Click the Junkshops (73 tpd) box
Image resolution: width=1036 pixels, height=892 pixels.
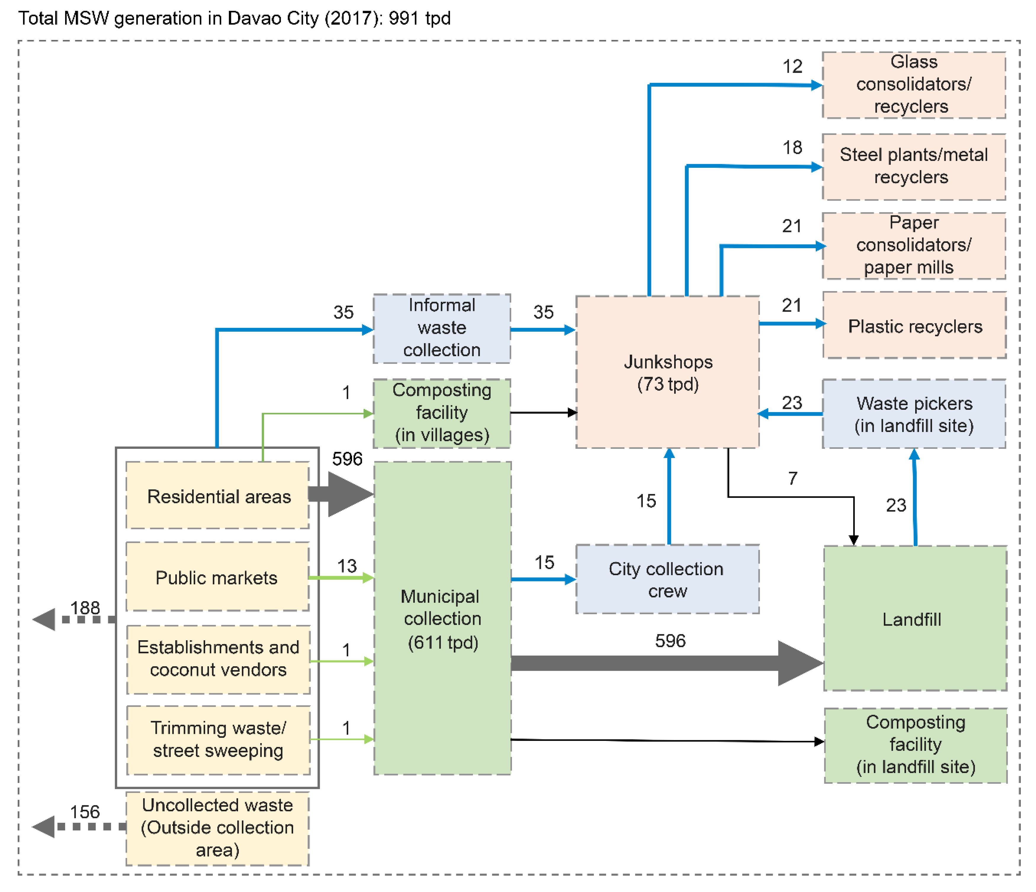coord(667,372)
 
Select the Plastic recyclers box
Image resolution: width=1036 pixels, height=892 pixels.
coord(914,326)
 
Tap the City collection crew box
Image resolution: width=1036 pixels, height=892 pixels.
coord(667,579)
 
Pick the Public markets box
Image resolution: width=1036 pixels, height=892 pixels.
coord(217,577)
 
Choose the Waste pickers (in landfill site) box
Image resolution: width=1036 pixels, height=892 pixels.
coord(914,414)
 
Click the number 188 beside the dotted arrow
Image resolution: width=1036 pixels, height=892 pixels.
coord(85,608)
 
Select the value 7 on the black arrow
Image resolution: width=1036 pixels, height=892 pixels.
coord(793,478)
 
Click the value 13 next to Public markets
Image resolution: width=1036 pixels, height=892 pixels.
coord(346,566)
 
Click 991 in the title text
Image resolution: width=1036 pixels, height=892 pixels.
coord(404,18)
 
